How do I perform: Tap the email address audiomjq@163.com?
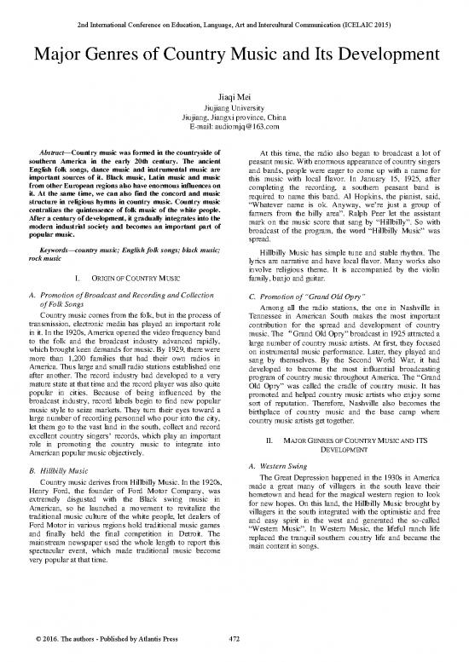(x=234, y=125)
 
